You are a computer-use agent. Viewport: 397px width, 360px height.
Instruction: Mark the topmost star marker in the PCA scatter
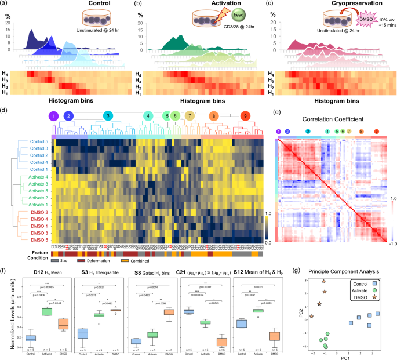point(324,282)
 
